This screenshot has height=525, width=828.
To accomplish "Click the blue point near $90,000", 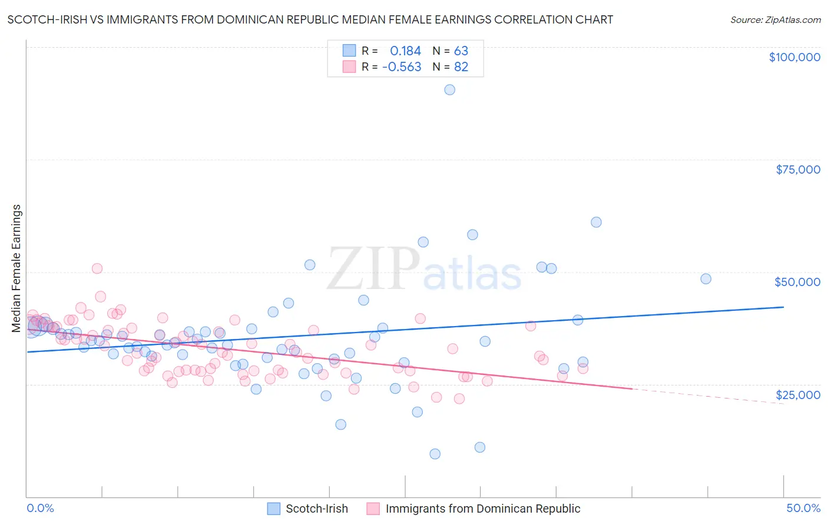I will (449, 90).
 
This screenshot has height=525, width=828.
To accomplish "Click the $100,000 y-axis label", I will (794, 57).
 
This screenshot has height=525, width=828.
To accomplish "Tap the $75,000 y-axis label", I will (797, 170).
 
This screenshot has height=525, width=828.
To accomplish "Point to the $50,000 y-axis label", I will (797, 282).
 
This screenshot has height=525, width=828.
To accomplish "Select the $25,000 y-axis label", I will (797, 395).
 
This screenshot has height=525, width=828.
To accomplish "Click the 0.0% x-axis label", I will (40, 508).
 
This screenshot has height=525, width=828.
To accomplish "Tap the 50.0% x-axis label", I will (803, 508).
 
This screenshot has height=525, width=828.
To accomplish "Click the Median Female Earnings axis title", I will (16, 268).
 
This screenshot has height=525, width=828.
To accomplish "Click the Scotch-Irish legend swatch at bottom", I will (274, 509).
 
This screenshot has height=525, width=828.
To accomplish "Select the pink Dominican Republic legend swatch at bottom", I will (373, 509).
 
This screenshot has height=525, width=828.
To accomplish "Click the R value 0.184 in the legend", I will (405, 51).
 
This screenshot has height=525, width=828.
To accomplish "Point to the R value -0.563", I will (402, 67).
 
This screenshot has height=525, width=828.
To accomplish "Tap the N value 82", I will (461, 67).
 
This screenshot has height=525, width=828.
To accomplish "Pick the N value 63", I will (461, 51).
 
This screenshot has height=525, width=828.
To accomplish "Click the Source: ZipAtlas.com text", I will (775, 20).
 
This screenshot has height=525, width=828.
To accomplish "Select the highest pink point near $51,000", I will (97, 268).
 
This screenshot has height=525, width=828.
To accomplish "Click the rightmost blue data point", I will (706, 279).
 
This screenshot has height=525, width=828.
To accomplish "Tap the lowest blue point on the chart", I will (435, 454).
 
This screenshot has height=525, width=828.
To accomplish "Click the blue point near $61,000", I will (596, 222).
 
